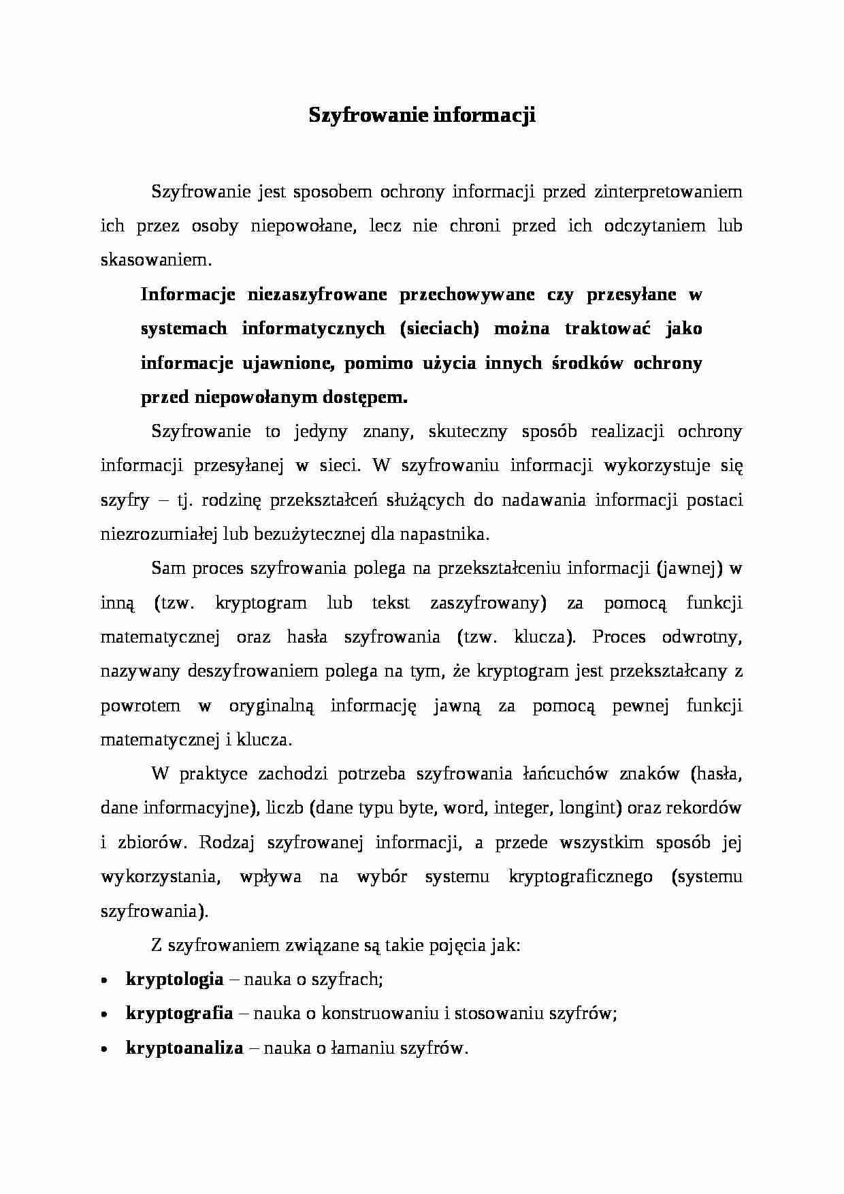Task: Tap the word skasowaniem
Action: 156,260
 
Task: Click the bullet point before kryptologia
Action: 103,981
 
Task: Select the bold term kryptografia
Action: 180,1014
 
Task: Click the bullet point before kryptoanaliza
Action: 103,1050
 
